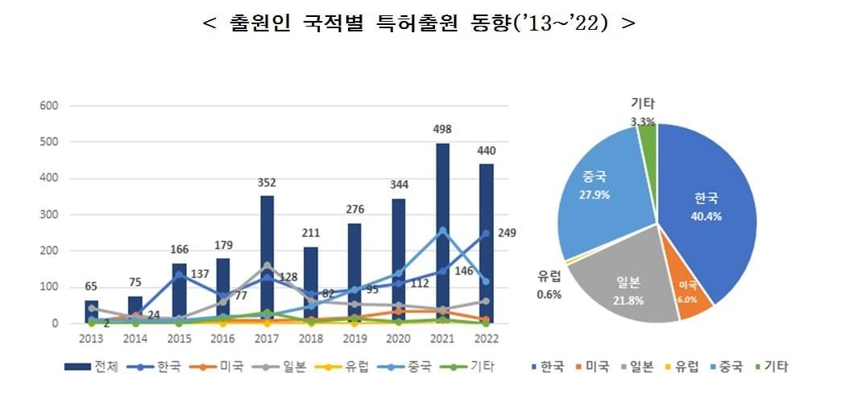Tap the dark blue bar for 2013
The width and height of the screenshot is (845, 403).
[x=91, y=311]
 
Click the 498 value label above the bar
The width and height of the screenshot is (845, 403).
[x=443, y=129]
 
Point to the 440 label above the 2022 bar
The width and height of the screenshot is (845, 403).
[x=486, y=151]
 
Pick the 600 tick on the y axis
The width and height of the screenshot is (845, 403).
[x=49, y=106]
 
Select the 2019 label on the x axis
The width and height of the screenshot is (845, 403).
[x=355, y=339]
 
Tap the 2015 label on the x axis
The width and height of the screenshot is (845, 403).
[x=179, y=339]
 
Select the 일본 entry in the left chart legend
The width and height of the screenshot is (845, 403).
[x=284, y=367]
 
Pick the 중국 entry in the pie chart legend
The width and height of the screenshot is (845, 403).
[x=726, y=367]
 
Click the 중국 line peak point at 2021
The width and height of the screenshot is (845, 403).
[x=443, y=231]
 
